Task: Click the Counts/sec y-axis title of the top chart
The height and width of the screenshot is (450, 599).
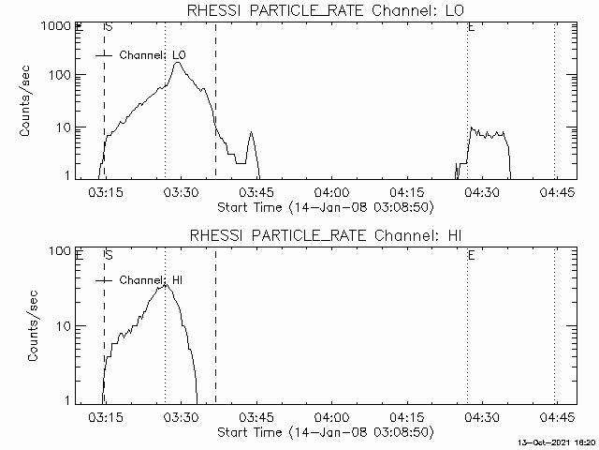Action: coord(28,101)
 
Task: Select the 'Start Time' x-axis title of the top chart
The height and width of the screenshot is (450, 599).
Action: coord(323,206)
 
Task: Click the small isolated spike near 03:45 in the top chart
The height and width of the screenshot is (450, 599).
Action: coord(250,133)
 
